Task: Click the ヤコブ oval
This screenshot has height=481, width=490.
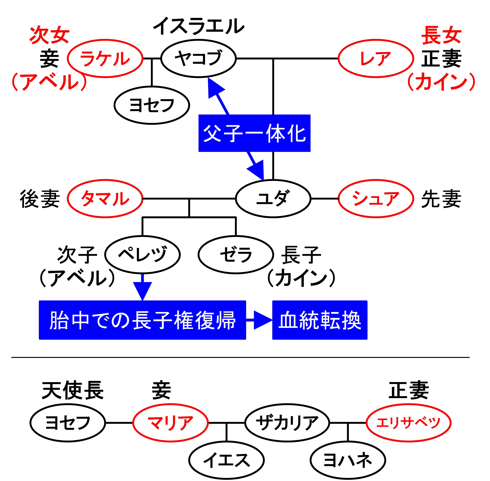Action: (x=198, y=58)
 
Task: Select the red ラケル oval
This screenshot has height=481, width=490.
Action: (x=105, y=58)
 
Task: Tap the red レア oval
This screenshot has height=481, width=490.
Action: (x=376, y=58)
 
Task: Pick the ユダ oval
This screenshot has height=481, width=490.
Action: (x=273, y=199)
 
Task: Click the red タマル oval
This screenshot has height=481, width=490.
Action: (x=105, y=199)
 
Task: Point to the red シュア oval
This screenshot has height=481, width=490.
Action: (x=376, y=199)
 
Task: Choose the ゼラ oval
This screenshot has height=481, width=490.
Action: (x=236, y=254)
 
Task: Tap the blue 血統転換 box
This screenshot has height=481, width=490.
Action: (x=320, y=320)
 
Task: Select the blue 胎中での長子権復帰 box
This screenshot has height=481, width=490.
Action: (x=142, y=320)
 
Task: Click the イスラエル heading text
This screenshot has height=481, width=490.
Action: (x=198, y=26)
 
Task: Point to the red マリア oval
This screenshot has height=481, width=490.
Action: (x=170, y=423)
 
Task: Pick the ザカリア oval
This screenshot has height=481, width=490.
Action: (x=287, y=423)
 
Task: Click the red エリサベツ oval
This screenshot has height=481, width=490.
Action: (x=408, y=423)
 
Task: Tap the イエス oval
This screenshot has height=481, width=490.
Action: (x=226, y=460)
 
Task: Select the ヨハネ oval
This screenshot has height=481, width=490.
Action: (x=348, y=460)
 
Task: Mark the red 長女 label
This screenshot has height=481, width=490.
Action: (x=441, y=35)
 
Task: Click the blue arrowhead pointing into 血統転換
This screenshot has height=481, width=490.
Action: (x=263, y=320)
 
